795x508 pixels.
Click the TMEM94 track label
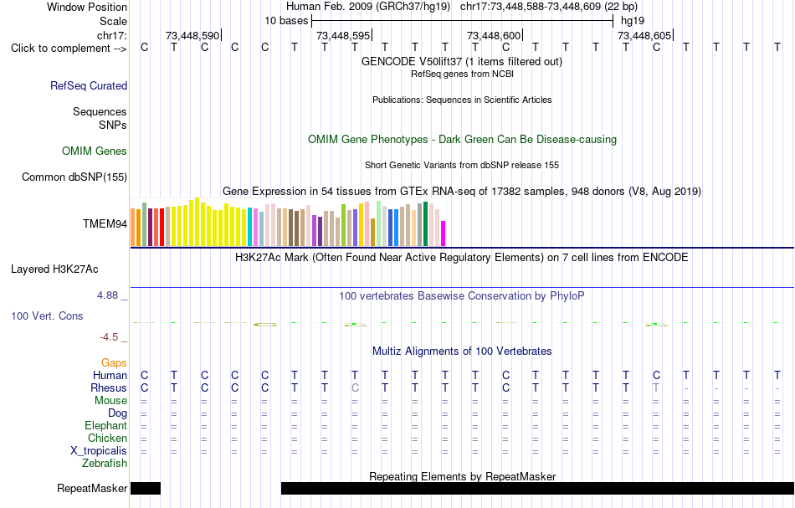coord(105,224)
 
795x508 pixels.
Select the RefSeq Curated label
coord(89,85)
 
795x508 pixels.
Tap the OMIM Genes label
coord(95,151)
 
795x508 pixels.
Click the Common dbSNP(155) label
coord(74,177)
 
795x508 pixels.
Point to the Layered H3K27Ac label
coord(54,269)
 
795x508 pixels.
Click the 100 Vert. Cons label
coord(47,316)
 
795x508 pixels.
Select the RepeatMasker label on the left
coord(92,488)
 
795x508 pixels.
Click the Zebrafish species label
coord(105,464)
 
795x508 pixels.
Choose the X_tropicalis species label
coord(99,451)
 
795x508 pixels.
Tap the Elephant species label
coord(106,426)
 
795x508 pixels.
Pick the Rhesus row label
coord(109,387)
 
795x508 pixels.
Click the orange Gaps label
coord(114,363)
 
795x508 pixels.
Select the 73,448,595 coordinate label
coord(343,35)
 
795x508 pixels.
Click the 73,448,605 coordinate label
coord(644,35)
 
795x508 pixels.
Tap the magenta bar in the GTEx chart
coord(444,233)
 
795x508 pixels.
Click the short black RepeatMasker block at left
coord(146,488)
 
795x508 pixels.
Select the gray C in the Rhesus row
coord(355,387)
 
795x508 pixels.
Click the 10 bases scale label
coord(286,21)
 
